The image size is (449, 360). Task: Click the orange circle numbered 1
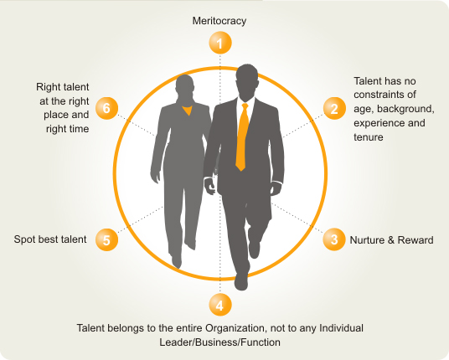(x=220, y=43)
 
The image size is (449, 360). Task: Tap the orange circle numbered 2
(x=334, y=109)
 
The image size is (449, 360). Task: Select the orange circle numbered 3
(x=334, y=239)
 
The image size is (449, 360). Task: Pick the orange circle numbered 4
(x=220, y=305)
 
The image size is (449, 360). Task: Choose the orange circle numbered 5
(x=106, y=239)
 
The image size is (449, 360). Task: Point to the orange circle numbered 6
(x=106, y=108)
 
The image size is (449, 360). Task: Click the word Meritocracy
(x=219, y=21)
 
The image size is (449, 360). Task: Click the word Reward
(x=415, y=240)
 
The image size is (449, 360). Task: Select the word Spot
(x=23, y=239)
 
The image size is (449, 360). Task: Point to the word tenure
(x=369, y=137)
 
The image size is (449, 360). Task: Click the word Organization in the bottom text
(x=235, y=328)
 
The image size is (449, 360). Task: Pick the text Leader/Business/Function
(x=220, y=342)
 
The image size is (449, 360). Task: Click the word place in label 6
(x=56, y=115)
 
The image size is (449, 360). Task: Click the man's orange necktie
(x=243, y=137)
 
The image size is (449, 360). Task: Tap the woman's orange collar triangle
(x=188, y=111)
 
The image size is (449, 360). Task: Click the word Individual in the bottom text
(x=341, y=328)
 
